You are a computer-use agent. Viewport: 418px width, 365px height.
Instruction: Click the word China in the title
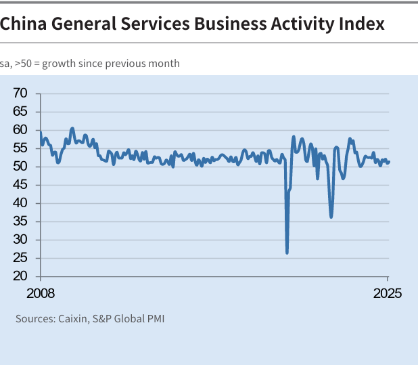[23, 24]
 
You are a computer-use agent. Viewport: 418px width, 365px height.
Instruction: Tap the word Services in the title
[154, 24]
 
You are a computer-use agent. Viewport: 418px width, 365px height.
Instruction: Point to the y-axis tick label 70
[20, 93]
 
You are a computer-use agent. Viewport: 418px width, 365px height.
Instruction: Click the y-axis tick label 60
[20, 130]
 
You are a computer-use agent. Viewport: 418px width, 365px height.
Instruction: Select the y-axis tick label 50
[20, 167]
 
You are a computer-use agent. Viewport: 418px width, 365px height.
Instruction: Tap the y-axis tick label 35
[20, 221]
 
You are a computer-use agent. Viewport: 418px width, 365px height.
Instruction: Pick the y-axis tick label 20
[20, 276]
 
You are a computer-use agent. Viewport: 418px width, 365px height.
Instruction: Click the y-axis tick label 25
[20, 258]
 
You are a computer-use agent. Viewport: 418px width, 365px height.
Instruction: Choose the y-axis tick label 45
[20, 185]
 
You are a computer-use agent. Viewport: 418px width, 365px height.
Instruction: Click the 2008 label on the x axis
[40, 294]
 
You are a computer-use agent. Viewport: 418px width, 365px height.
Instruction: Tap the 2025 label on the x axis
[388, 294]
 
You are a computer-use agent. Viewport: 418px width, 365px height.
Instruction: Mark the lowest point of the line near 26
[287, 253]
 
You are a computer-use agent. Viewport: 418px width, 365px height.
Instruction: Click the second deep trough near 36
[331, 217]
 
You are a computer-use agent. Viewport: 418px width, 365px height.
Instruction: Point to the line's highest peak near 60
[72, 128]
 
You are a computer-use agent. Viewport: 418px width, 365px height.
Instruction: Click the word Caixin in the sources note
[70, 318]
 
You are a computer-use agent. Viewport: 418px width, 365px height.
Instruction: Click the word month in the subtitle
[165, 64]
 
